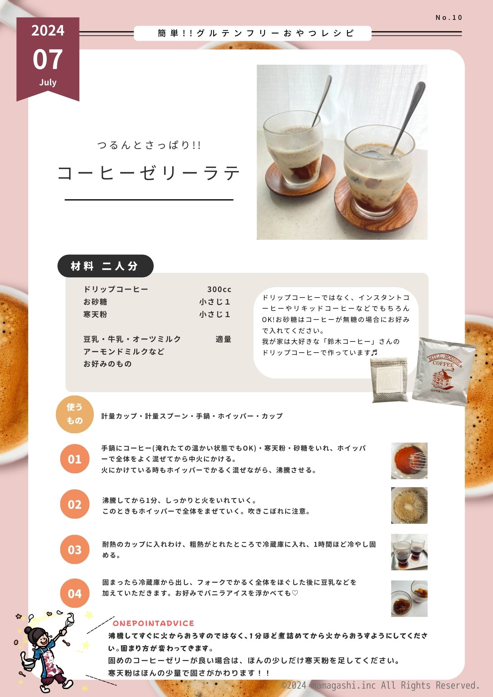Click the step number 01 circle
click(75, 459)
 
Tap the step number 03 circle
click(75, 550)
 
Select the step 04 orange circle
click(75, 593)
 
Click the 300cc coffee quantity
click(219, 289)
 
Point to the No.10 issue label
click(449, 17)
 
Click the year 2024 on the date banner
click(48, 31)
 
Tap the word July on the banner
click(48, 83)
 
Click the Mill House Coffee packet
click(444, 372)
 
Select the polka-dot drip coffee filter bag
click(390, 379)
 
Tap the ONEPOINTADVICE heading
click(153, 623)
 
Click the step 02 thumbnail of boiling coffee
click(409, 505)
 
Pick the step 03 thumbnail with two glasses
click(409, 552)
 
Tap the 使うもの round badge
click(75, 414)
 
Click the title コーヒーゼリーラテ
click(149, 173)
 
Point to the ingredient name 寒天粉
click(95, 314)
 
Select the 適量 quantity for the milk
click(223, 339)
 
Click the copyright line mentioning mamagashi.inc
click(381, 685)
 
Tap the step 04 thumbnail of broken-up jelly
click(409, 599)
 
